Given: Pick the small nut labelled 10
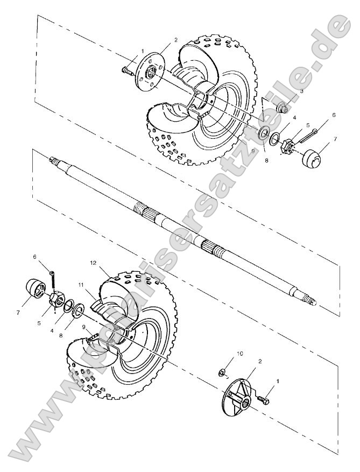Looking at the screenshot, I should coord(221,371).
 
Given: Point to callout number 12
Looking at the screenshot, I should coord(93,263).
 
